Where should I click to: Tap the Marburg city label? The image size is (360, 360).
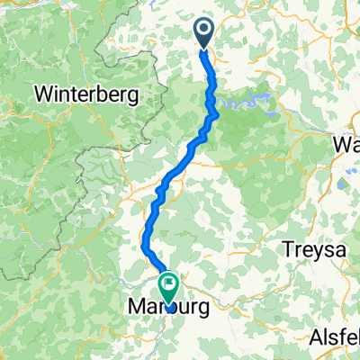pyautogui.click(x=169, y=307)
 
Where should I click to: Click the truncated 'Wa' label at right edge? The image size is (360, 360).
pyautogui.click(x=346, y=144)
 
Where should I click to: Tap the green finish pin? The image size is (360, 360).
pyautogui.click(x=168, y=288)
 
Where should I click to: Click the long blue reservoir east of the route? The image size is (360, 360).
pyautogui.click(x=247, y=102)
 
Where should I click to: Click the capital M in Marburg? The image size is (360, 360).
pyautogui.click(x=131, y=307)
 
